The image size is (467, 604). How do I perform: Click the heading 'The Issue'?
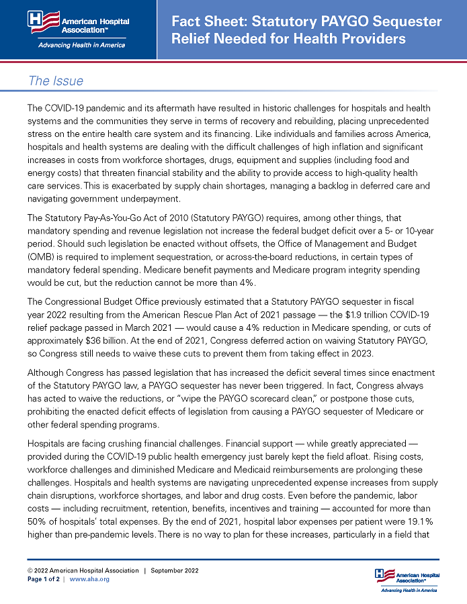[56, 81]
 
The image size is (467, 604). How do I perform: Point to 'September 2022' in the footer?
[175, 570]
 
